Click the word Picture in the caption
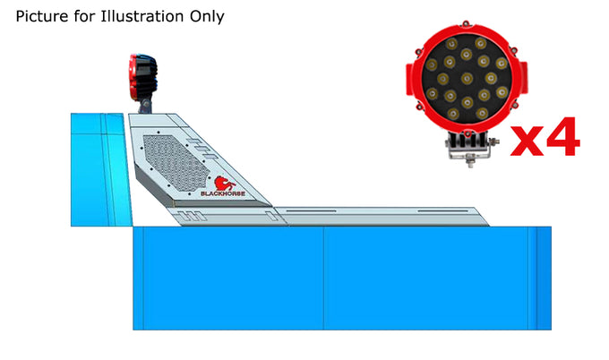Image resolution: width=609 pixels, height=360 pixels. pyautogui.click(x=42, y=16)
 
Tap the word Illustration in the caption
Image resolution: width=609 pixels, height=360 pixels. pyautogui.click(x=142, y=16)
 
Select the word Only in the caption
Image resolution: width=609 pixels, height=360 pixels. pyautogui.click(x=207, y=17)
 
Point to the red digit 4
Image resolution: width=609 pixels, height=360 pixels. pyautogui.click(x=563, y=137)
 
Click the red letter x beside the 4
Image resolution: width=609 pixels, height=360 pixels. pyautogui.click(x=527, y=141)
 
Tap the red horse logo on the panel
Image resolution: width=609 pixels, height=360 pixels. pyautogui.click(x=225, y=184)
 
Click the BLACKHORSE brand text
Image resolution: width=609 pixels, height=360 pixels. pyautogui.click(x=223, y=193)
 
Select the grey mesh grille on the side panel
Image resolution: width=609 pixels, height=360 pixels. pyautogui.click(x=176, y=163)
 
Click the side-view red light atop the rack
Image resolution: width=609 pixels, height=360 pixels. pyautogui.click(x=143, y=77)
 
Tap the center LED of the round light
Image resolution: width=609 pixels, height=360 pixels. pyautogui.click(x=467, y=79)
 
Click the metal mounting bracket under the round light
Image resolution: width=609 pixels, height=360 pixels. pyautogui.click(x=471, y=150)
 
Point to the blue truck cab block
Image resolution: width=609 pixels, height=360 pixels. pyautogui.click(x=101, y=170)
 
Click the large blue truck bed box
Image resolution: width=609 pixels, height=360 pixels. pyautogui.click(x=342, y=278)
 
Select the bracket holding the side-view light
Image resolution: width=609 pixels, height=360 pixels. pyautogui.click(x=145, y=106)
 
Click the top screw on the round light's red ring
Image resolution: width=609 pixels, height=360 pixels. pyautogui.click(x=466, y=23)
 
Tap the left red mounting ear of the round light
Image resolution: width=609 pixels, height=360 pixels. pyautogui.click(x=409, y=80)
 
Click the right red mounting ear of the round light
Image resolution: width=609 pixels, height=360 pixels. pyautogui.click(x=523, y=78)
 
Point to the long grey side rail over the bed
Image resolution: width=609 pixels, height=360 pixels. pyautogui.click(x=381, y=217)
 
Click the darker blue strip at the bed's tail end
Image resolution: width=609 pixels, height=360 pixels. pyautogui.click(x=545, y=278)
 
